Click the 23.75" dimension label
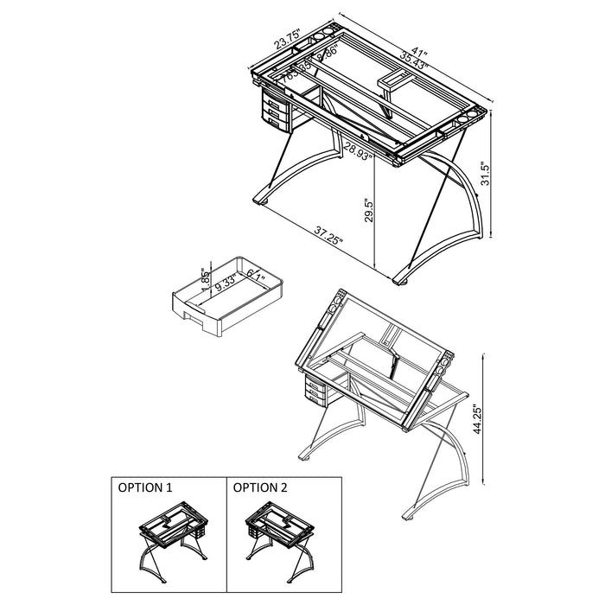(x=287, y=41)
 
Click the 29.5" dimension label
(x=368, y=210)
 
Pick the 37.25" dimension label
(x=328, y=234)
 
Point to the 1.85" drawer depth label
(x=205, y=278)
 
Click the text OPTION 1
(x=144, y=487)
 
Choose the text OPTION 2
(x=259, y=487)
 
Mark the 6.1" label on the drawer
(x=256, y=276)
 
